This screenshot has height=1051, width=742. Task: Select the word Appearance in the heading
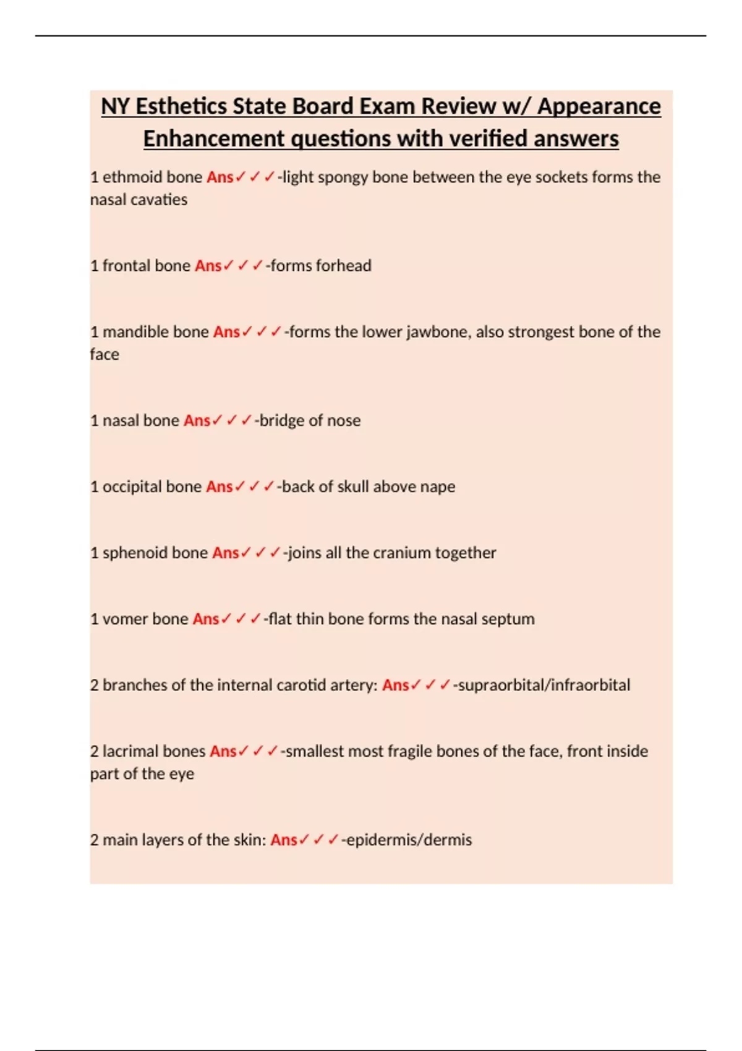pos(599,106)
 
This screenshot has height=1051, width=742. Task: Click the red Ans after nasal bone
pos(197,420)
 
